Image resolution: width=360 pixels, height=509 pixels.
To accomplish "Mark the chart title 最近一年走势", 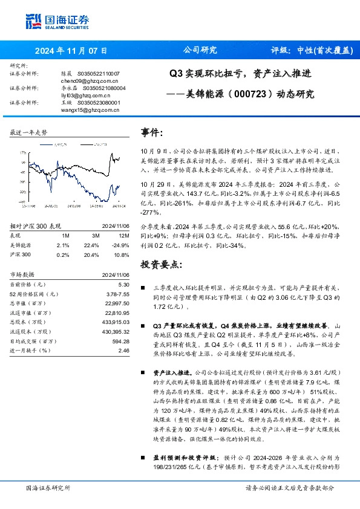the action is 29,132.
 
